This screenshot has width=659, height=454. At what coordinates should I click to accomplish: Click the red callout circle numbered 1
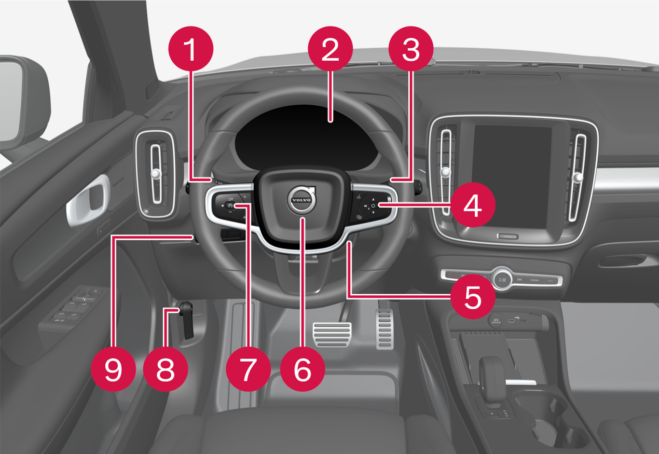191,49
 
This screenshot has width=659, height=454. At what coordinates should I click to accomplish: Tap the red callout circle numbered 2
330,49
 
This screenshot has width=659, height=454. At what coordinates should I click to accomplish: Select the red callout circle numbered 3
411,49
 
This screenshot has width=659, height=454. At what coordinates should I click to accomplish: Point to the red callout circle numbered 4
473,205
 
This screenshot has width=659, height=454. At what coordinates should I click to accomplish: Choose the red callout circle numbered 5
473,297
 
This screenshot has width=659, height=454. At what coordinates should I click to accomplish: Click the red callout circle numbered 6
303,369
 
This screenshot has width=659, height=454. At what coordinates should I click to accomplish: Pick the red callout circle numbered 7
248,369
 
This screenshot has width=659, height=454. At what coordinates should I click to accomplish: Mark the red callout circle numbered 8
165,369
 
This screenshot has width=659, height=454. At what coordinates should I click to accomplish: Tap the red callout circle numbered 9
113,369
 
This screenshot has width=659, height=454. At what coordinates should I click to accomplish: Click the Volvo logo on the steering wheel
302,200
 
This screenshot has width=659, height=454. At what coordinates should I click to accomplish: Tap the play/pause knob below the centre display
502,279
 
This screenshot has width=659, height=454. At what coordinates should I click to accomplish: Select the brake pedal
332,334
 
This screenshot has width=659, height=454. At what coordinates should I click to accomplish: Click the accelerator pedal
385,329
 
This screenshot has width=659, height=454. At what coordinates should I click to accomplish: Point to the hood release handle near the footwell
187,320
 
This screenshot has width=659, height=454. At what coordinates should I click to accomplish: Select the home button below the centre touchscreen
508,236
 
